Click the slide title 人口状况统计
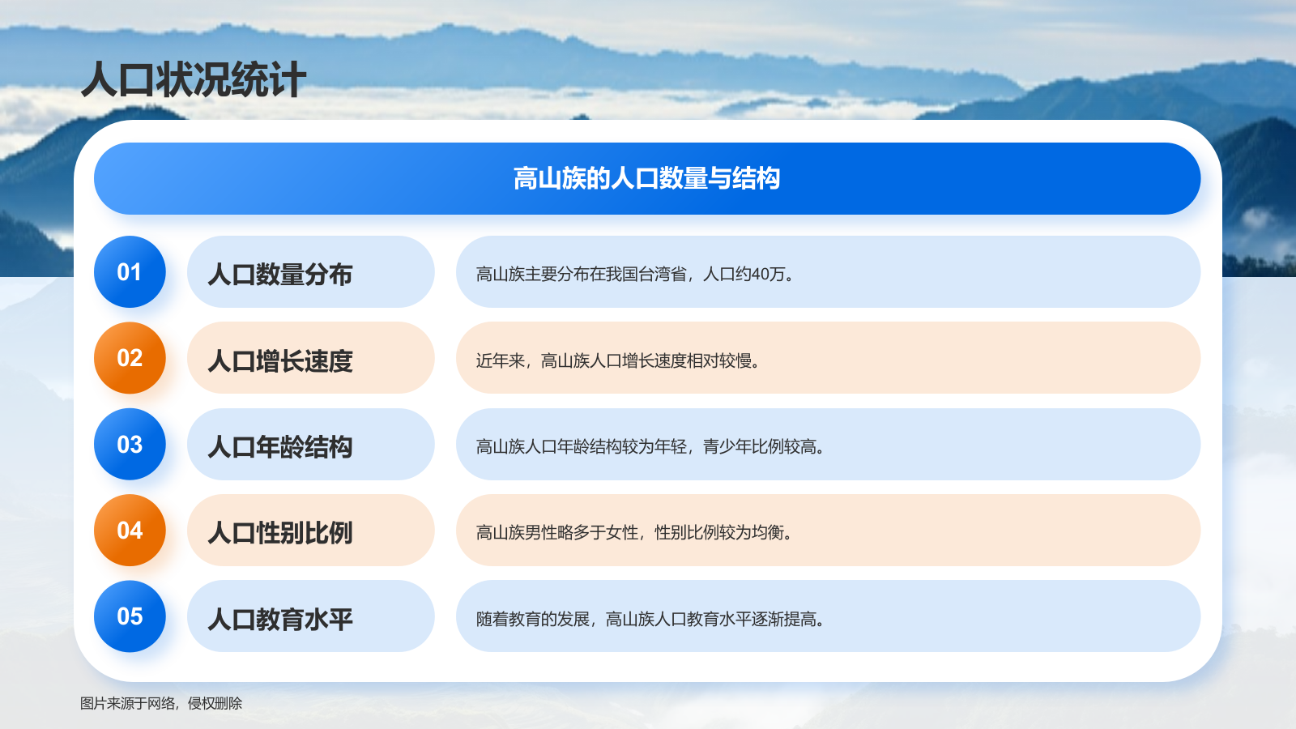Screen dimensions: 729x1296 point(194,80)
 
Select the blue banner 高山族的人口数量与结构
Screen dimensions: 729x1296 point(646,178)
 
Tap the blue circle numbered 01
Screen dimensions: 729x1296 point(130,272)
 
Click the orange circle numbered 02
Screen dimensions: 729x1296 point(130,358)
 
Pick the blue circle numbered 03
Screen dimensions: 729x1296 point(130,445)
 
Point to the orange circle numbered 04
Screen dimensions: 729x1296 point(130,531)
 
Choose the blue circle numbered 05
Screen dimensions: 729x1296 point(130,616)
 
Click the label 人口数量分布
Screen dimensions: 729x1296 point(280,275)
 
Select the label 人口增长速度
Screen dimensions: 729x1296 point(280,360)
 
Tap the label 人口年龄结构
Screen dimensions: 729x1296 point(280,446)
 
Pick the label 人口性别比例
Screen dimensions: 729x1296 point(280,533)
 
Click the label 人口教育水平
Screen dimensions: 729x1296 point(280,619)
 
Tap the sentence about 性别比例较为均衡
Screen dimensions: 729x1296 point(634,532)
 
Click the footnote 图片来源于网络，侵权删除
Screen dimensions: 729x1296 point(161,703)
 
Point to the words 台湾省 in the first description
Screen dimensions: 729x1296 point(663,275)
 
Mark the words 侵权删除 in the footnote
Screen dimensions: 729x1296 point(215,703)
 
